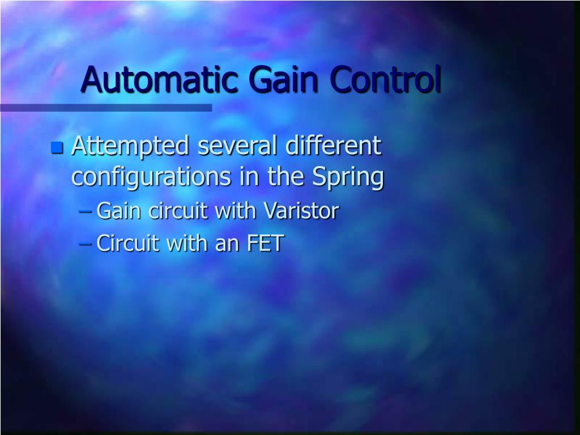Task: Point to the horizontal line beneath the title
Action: point(106,107)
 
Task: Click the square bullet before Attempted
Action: point(57,148)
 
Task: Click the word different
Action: point(334,146)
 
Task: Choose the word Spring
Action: point(348,177)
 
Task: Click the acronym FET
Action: point(265,244)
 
